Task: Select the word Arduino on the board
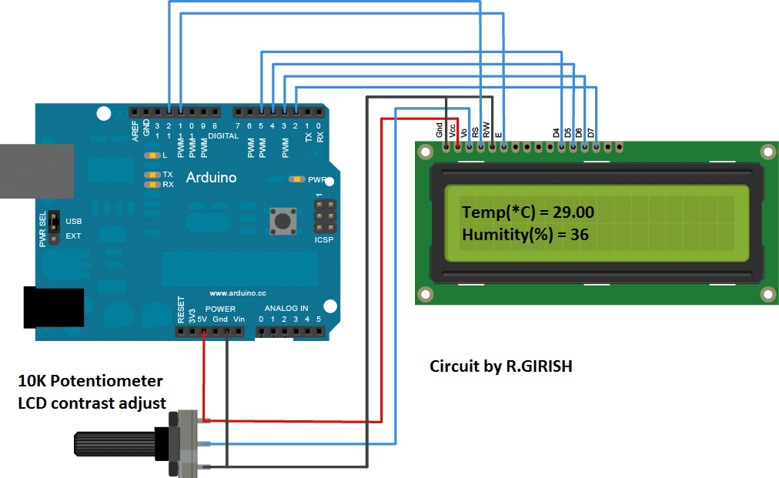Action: [212, 178]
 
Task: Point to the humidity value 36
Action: [579, 235]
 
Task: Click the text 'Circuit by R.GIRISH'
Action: [500, 366]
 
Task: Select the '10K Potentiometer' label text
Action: [90, 381]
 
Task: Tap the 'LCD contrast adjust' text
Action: [92, 402]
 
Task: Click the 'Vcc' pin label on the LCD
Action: [453, 131]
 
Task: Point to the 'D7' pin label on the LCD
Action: [591, 132]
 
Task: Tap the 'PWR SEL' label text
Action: [43, 229]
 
